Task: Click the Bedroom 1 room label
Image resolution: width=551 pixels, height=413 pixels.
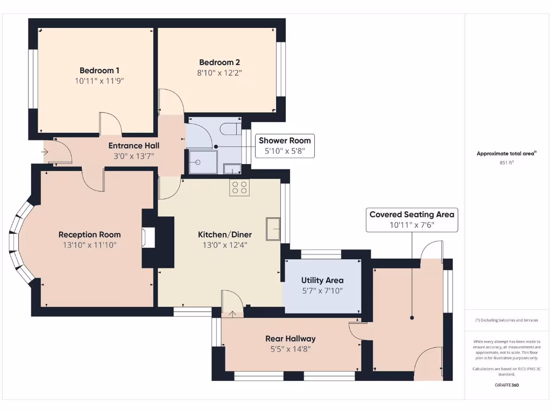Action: (100, 70)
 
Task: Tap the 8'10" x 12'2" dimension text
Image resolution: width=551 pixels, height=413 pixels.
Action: (220, 73)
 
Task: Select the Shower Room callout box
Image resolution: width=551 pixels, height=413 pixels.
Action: (285, 146)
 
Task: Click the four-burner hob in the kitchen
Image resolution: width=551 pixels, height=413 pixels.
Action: (239, 187)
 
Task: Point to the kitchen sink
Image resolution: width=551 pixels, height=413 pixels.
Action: (273, 229)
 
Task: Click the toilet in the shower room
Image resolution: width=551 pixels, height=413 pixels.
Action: (231, 129)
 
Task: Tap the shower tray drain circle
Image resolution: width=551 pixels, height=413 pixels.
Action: (198, 162)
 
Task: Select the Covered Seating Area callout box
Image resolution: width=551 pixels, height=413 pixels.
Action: (412, 220)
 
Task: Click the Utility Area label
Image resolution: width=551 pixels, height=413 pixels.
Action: (322, 280)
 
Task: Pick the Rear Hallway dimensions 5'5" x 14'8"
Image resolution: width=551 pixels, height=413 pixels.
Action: (291, 349)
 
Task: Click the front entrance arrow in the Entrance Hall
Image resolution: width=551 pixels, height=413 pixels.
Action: (45, 152)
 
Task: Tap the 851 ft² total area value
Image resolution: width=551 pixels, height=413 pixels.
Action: (507, 162)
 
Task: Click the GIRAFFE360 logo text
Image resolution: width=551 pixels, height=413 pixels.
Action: (507, 385)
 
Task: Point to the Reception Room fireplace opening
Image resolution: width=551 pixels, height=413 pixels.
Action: (149, 238)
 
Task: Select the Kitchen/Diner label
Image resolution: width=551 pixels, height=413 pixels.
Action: (225, 234)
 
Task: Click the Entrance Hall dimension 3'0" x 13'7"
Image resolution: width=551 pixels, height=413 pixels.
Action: (134, 156)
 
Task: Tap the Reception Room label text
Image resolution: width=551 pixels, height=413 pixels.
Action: (90, 234)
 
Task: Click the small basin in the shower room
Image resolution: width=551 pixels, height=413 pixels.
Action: (232, 169)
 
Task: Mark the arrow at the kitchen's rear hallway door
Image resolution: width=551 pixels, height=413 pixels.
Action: (232, 314)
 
